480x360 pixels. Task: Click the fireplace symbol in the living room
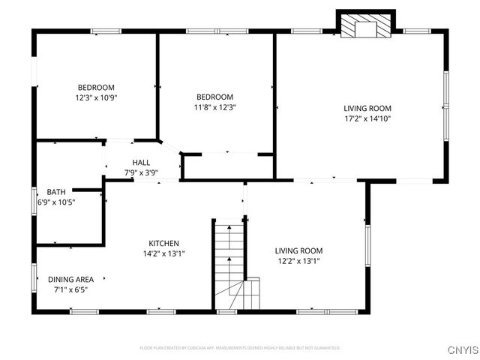tap(365, 28)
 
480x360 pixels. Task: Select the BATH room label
tap(56, 192)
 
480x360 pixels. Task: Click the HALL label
tap(141, 163)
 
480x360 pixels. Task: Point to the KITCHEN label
tap(163, 243)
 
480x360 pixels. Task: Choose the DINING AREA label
tap(70, 279)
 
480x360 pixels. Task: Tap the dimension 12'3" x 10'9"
tap(96, 97)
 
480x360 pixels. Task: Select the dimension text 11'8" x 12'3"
tap(215, 107)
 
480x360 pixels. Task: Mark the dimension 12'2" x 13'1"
tap(298, 261)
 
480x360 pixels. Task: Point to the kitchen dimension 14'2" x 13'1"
tap(163, 253)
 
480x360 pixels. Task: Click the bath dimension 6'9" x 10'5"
tap(56, 202)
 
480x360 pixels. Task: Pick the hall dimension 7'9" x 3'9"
tap(141, 173)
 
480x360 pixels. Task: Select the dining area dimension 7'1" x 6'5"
tap(70, 289)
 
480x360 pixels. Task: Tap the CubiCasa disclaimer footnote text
tap(240, 348)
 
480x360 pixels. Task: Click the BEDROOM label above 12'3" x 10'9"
tap(96, 87)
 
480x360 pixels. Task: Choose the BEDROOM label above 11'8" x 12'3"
tap(215, 97)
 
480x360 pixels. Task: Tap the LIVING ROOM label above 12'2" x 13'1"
tap(298, 250)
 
